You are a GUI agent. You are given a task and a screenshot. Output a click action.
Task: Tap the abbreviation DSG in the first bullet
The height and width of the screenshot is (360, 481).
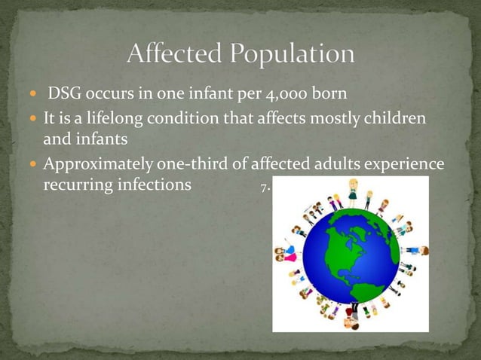click(x=65, y=96)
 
